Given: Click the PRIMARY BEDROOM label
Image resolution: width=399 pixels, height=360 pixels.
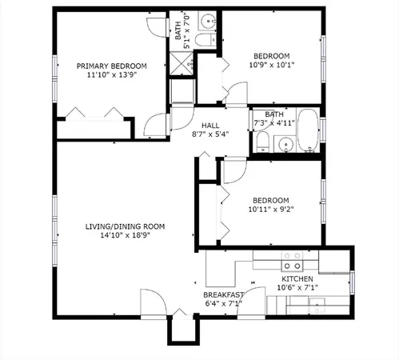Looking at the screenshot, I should click(x=111, y=66).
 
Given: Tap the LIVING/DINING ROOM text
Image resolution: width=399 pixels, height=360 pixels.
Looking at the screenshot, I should click(x=125, y=226).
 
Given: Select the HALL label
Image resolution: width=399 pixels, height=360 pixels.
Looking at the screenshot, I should click(x=210, y=126).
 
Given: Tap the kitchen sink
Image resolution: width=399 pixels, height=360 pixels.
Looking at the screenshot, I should click(x=318, y=306).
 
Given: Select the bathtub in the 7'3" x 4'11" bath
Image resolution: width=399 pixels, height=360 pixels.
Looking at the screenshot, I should click(x=308, y=131).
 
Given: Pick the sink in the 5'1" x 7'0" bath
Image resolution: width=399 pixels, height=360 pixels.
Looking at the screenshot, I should click(x=206, y=21).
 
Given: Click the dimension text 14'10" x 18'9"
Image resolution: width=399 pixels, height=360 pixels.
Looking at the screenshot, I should click(x=125, y=237).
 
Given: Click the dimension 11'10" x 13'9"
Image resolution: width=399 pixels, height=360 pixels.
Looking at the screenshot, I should click(x=111, y=76).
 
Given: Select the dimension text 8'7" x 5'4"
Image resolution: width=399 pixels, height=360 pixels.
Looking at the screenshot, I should click(x=210, y=136).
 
